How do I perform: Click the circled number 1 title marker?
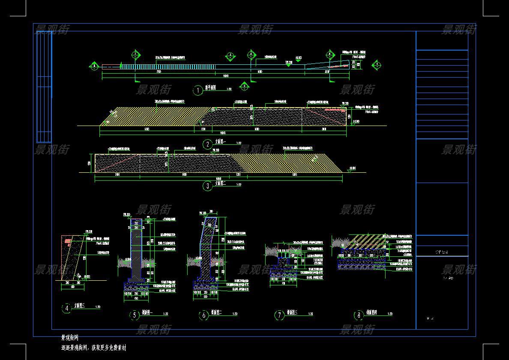[198, 90]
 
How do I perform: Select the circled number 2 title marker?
[208, 144]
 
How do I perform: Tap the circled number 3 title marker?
[208, 186]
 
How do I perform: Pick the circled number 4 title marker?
[66, 308]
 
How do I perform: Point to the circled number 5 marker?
[135, 315]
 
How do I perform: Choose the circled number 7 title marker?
[279, 315]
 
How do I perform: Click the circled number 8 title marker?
[359, 315]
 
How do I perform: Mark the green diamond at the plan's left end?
[94, 66]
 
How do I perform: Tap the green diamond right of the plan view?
[377, 65]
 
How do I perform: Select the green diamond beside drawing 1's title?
[244, 86]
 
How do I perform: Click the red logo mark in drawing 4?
[68, 241]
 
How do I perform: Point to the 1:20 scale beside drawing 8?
[389, 314]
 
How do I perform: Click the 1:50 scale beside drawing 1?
[229, 89]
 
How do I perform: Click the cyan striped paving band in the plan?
[167, 66]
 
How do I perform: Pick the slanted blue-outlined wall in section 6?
[209, 244]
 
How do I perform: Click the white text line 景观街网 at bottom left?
[70, 338]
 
